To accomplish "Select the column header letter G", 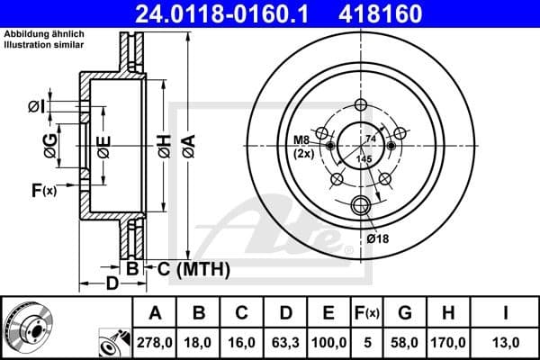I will tap(404, 313).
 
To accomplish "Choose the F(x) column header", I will tap(370, 313).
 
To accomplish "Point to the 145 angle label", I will tap(364, 159).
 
